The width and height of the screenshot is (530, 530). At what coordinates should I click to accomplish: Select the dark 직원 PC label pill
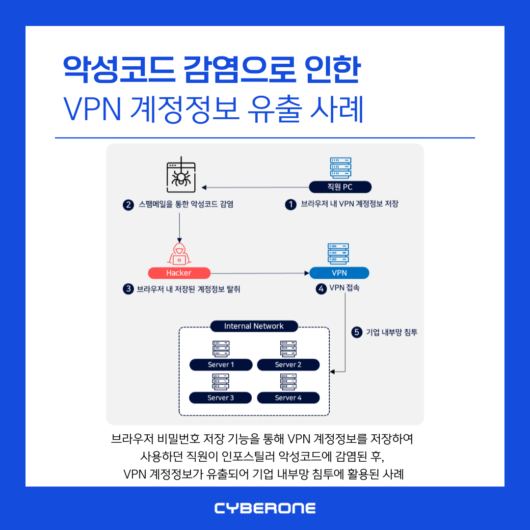[x=340, y=187]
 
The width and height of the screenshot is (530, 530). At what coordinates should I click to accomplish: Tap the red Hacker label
[x=179, y=273]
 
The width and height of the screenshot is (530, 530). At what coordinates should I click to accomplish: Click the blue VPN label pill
[x=339, y=273]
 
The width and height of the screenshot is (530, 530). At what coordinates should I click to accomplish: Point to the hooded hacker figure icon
[x=179, y=254]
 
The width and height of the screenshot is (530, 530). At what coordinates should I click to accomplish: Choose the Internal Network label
[x=254, y=326]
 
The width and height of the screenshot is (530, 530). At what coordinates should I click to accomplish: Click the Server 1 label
[x=221, y=365]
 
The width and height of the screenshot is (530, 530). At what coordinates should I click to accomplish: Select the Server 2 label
[x=288, y=365]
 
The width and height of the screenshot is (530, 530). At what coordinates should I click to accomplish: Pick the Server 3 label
[x=221, y=397]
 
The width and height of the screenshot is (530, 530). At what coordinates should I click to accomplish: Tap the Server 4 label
[x=288, y=397]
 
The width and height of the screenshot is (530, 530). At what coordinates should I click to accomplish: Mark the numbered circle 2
[x=129, y=205]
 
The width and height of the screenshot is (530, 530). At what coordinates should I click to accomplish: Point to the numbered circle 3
[x=129, y=289]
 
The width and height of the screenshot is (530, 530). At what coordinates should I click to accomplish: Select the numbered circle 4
[x=321, y=289]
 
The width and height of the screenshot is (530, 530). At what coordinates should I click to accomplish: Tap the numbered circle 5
[x=357, y=333]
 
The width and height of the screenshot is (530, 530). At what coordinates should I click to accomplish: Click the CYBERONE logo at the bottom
[x=265, y=508]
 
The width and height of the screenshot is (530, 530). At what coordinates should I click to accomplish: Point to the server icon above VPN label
[x=339, y=253]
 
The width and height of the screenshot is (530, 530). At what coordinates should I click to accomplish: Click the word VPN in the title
[x=92, y=110]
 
